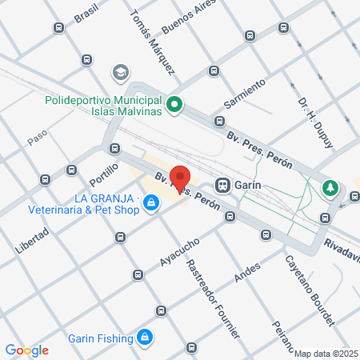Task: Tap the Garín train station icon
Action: pyautogui.click(x=223, y=185)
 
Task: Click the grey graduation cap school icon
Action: pyautogui.click(x=121, y=73)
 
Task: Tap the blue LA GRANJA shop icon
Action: pyautogui.click(x=150, y=206)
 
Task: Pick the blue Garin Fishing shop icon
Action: pyautogui.click(x=145, y=337)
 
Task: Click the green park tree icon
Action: pyautogui.click(x=330, y=189)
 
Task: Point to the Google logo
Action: pyautogui.click(x=27, y=350)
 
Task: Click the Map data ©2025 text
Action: pyautogui.click(x=326, y=354)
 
